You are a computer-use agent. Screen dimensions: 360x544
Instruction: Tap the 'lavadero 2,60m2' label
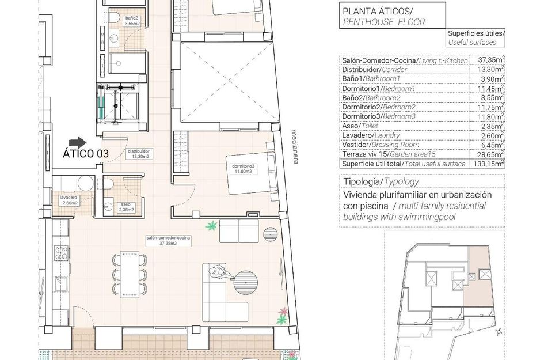click(69, 199)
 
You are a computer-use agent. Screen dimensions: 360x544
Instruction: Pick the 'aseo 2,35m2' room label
click(125, 207)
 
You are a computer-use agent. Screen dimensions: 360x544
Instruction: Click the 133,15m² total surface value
click(491, 164)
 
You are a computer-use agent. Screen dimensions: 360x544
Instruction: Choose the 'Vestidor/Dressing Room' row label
click(381, 145)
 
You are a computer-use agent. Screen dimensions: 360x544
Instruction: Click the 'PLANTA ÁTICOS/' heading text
click(378, 11)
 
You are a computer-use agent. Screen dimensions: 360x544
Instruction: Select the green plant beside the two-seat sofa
click(212, 225)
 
